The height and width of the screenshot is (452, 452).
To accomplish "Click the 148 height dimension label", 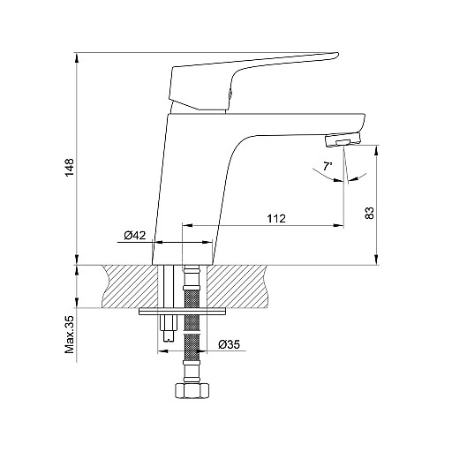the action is [x=70, y=168].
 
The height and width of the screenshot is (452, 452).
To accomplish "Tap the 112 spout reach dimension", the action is [x=276, y=218].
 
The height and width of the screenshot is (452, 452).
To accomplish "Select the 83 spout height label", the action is [x=369, y=213].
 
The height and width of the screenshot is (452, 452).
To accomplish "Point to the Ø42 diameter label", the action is [x=135, y=236].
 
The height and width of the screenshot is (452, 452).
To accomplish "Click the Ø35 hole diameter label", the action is [x=230, y=344].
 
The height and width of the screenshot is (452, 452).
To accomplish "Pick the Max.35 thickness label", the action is [x=70, y=335].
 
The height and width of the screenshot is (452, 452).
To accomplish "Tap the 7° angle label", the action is [x=328, y=167].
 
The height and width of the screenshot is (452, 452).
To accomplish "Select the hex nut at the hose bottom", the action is [x=192, y=390].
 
